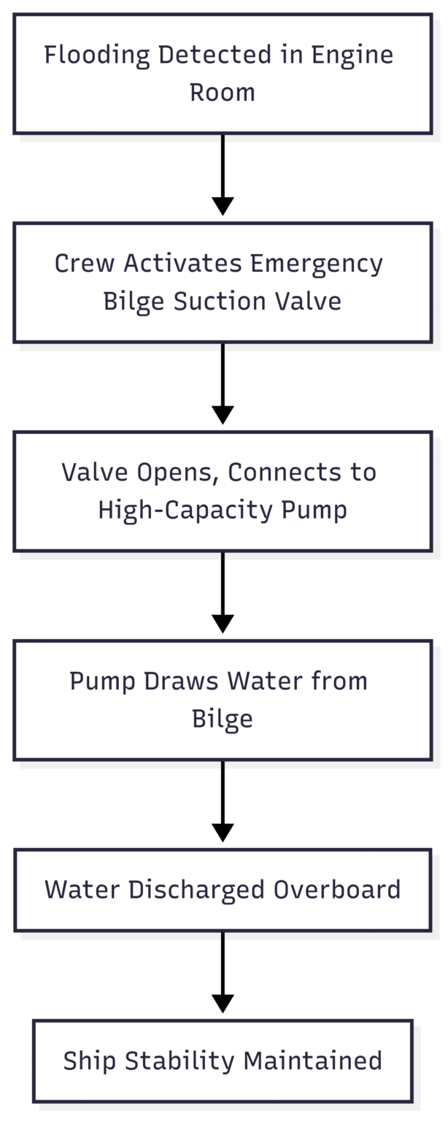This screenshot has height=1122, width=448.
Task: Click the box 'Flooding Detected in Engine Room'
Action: click(x=223, y=74)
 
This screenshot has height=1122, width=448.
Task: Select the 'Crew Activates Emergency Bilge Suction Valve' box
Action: click(x=223, y=282)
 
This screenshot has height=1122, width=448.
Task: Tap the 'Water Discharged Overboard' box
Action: click(x=223, y=890)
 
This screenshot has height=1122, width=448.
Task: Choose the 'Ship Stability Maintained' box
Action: click(x=223, y=1061)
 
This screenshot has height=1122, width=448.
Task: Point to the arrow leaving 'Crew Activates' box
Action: click(x=223, y=383)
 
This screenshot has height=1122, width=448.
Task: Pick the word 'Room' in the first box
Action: click(x=223, y=93)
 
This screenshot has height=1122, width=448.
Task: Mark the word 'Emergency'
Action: click(x=317, y=263)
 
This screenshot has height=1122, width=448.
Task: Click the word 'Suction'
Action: click(x=220, y=302)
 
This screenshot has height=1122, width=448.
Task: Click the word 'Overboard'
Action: click(x=337, y=890)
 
